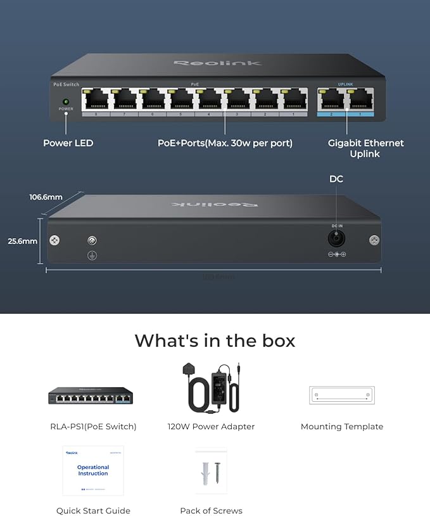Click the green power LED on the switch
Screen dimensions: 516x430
65,101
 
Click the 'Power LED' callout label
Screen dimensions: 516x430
68,143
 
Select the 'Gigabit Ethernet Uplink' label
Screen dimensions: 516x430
365,148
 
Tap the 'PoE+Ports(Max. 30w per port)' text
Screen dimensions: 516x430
225,143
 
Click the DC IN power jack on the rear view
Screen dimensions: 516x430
336,239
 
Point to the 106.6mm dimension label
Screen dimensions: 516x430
46,197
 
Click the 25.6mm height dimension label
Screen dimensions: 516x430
22,241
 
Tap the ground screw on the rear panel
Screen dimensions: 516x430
92,241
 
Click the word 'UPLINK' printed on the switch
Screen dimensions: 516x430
345,84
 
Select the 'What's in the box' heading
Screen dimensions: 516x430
215,340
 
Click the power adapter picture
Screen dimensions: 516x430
212,389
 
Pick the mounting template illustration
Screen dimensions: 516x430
342,395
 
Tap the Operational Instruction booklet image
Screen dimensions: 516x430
93,470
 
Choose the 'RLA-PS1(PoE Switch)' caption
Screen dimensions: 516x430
93,427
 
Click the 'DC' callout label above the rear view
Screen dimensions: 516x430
336,179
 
